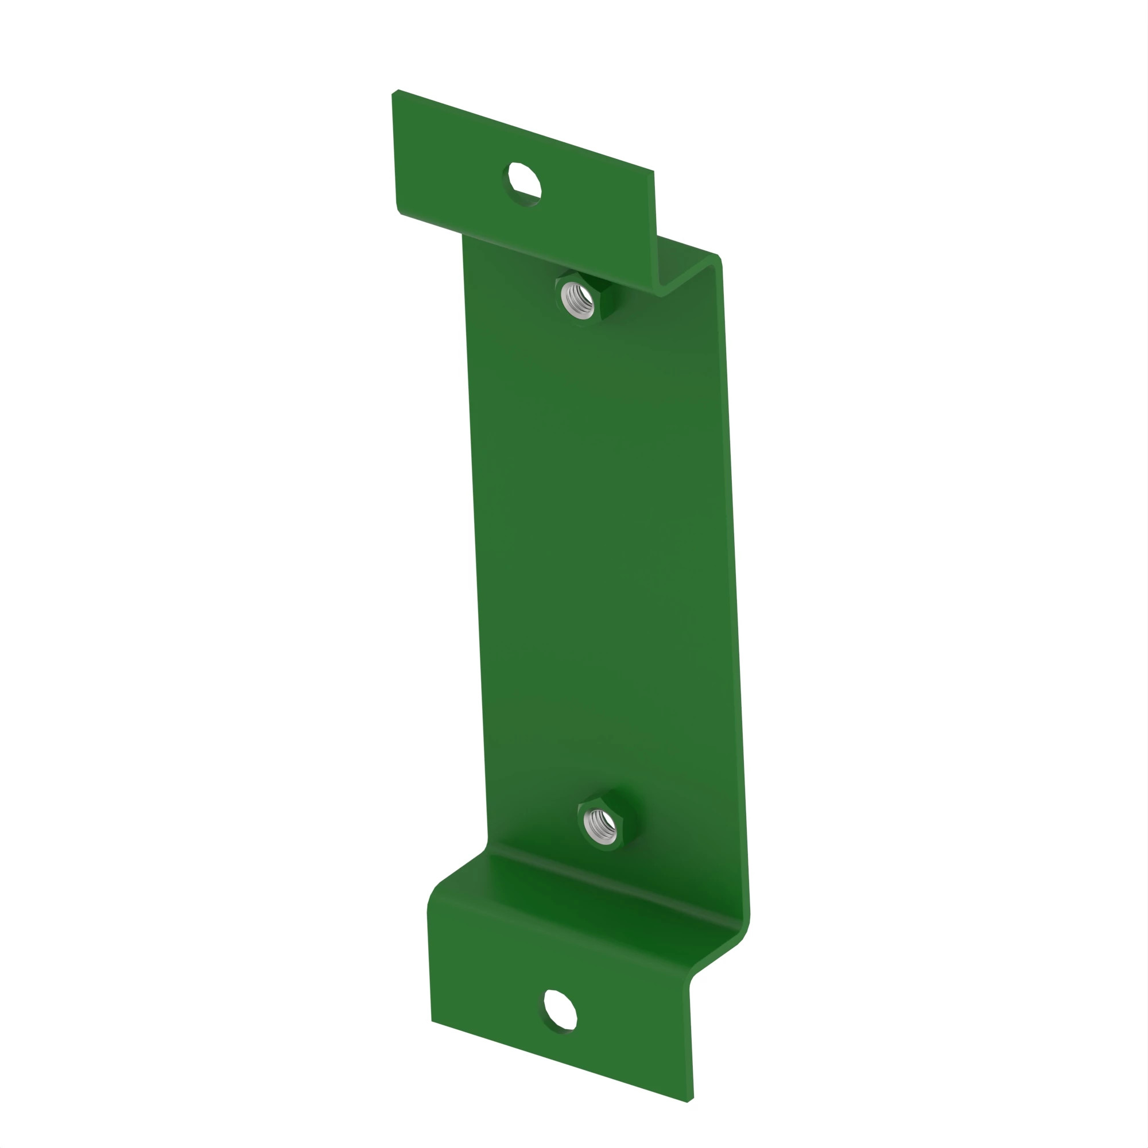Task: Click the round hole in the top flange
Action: pos(523,184)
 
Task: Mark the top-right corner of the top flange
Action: pos(654,172)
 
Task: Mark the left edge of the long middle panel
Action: pos(475,535)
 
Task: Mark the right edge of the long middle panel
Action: pos(735,564)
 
